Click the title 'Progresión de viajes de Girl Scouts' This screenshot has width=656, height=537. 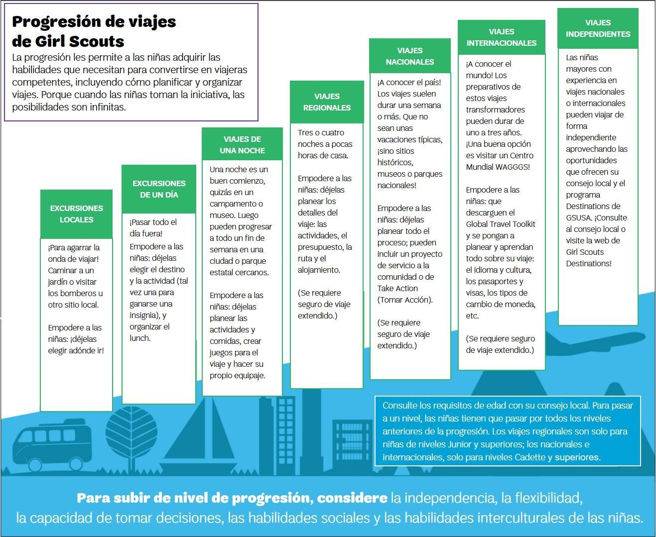[x=94, y=31]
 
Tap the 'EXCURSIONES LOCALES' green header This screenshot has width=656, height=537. [x=76, y=214]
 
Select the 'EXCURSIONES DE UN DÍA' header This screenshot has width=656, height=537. [x=159, y=189]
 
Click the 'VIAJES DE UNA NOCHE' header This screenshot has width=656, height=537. [x=242, y=145]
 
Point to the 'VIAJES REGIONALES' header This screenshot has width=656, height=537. [x=327, y=102]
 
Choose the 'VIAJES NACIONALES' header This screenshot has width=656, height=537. [x=410, y=56]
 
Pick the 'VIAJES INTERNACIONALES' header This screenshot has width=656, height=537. [x=502, y=37]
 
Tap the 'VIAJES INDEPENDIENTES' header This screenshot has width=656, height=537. [x=598, y=28]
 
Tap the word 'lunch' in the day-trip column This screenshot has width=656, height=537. [x=139, y=338]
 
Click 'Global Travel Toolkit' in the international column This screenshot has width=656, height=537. [x=501, y=224]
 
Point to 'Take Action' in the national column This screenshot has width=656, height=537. [x=397, y=289]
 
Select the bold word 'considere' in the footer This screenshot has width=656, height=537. [x=352, y=498]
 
